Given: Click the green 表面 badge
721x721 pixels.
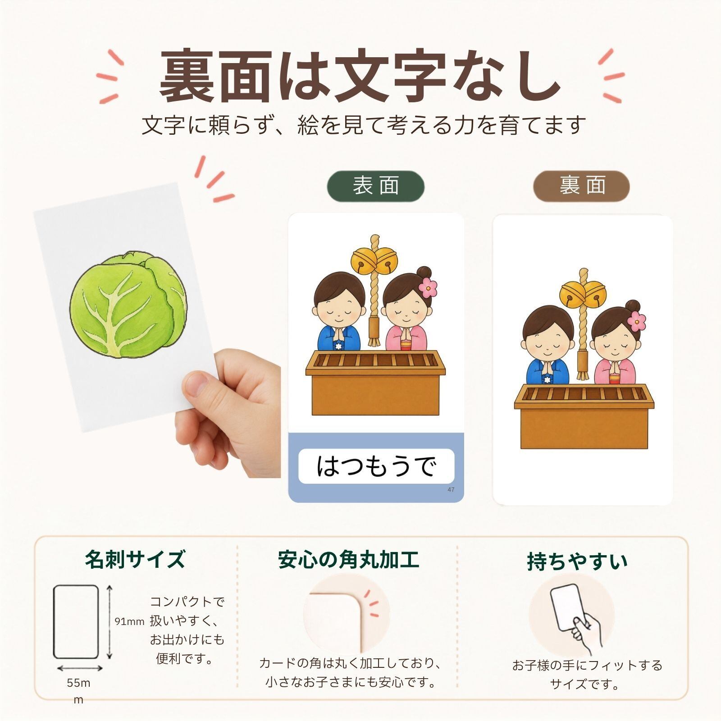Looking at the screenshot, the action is (x=376, y=186).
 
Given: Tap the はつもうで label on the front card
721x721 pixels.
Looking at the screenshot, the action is (x=376, y=466).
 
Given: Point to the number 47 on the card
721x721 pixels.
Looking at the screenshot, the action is (x=451, y=490).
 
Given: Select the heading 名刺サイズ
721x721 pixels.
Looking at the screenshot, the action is (x=135, y=559).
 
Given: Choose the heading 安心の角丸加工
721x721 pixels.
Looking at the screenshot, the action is (x=348, y=559).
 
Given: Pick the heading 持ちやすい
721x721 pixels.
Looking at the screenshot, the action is (x=577, y=561).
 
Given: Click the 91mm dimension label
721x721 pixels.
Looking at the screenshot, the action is (x=129, y=622).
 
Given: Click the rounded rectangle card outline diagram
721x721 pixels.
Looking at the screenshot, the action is (x=76, y=621).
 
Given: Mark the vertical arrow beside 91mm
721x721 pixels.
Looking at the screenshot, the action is (x=110, y=621).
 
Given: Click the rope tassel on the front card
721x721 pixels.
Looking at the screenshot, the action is (x=374, y=331).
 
